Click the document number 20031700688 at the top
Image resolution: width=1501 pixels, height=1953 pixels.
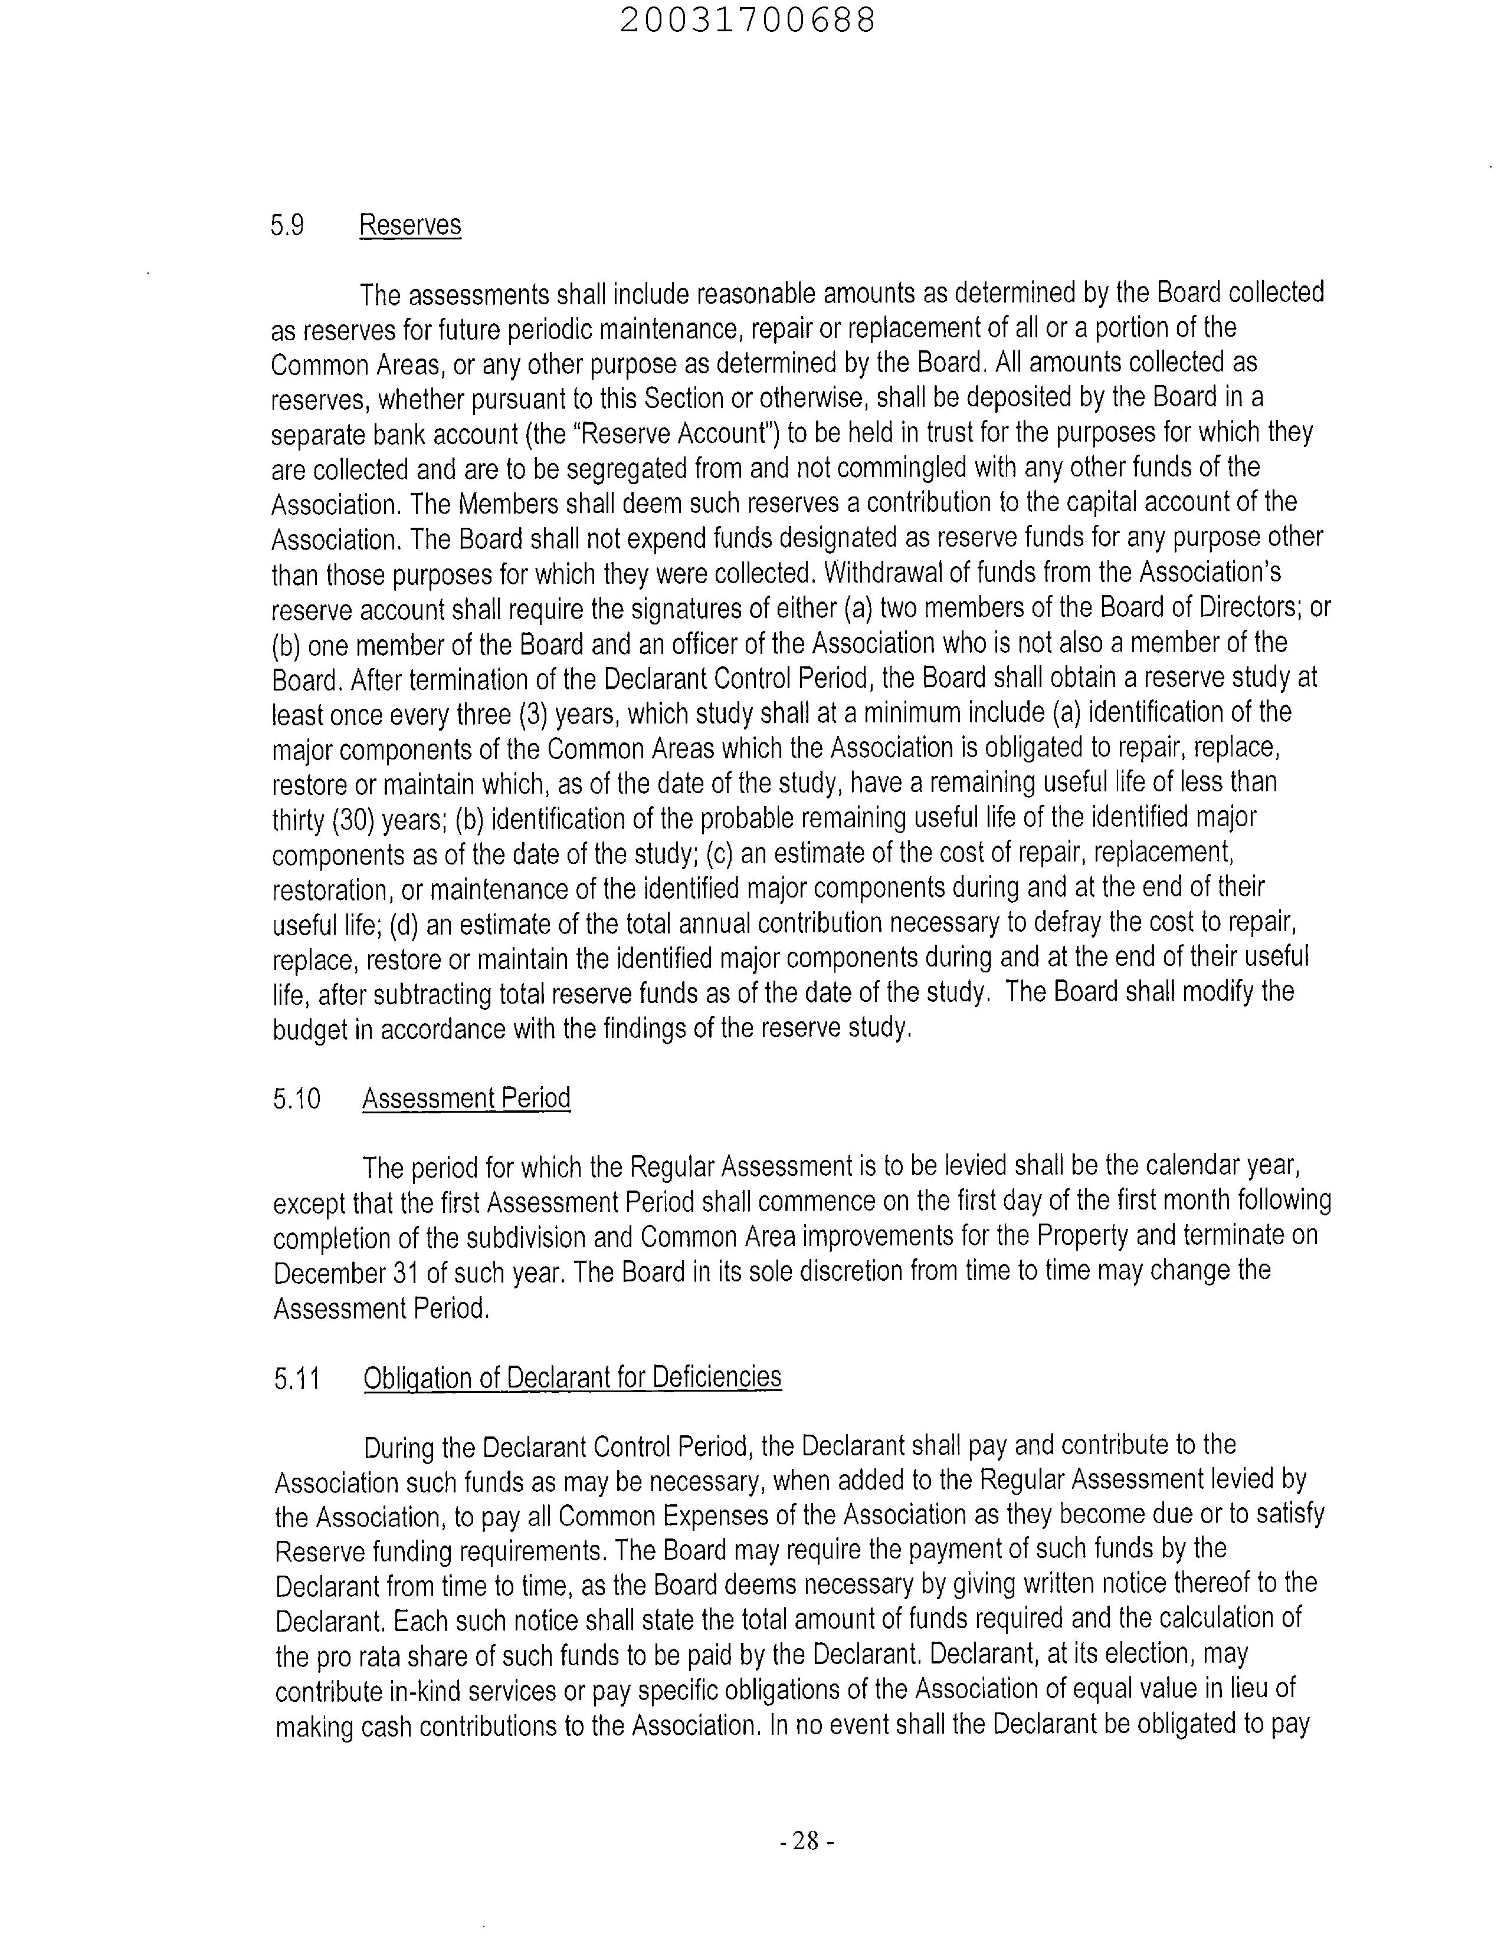coord(747,21)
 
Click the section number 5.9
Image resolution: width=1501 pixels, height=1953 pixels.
coord(287,225)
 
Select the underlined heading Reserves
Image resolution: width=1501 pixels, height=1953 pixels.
coord(410,225)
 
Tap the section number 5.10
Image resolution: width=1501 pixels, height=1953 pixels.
coord(297,1099)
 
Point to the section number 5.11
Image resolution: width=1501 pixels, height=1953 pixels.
coord(297,1380)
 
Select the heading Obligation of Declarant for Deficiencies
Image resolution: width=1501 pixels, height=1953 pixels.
coord(572,1378)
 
